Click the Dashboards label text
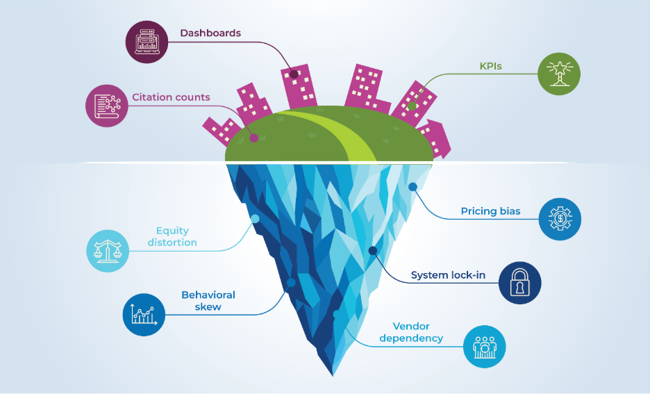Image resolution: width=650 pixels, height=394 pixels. coord(210,33)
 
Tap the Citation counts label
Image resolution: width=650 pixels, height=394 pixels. coord(171,97)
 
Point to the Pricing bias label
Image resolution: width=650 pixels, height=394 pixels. coord(490,211)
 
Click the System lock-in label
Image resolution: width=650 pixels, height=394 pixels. coord(448,275)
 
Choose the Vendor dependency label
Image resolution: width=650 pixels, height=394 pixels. coord(411,332)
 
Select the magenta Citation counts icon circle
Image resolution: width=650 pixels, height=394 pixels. coord(107,106)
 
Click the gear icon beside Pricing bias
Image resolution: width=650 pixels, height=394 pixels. coord(560,220)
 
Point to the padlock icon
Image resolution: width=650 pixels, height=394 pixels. coord(519,284)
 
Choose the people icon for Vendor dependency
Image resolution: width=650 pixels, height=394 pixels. coord(485,346)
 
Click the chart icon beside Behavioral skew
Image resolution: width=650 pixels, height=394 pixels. coord(144,314)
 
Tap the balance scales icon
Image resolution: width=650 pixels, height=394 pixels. coord(108,251)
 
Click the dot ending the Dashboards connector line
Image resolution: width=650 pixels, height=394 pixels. coord(294,74)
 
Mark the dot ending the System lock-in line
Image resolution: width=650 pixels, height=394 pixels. coord(373,250)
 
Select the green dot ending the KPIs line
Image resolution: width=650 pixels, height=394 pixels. coord(412,107)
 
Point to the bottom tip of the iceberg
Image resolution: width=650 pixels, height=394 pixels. coord(333,375)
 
